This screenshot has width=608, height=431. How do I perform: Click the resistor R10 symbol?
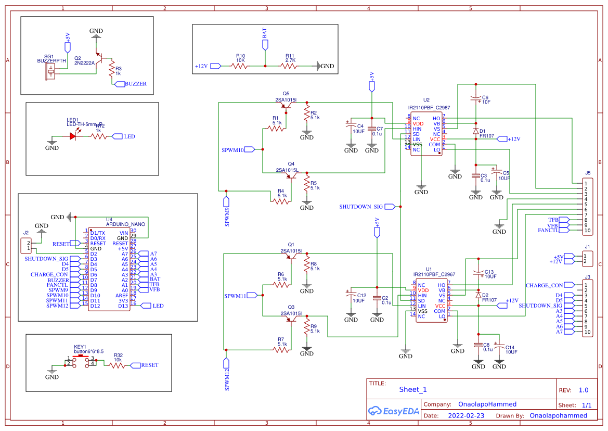pyautogui.click(x=240, y=66)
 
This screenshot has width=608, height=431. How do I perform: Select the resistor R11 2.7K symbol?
pyautogui.click(x=290, y=66)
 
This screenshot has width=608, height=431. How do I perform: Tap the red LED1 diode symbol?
pyautogui.click(x=73, y=136)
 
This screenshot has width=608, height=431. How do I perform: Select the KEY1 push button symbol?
pyautogui.click(x=81, y=361)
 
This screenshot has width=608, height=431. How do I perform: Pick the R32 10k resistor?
pyautogui.click(x=118, y=365)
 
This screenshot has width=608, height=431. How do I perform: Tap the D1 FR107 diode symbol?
pyautogui.click(x=475, y=131)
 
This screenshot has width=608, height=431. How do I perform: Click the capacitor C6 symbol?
pyautogui.click(x=475, y=98)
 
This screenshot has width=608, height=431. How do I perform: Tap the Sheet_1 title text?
pyautogui.click(x=413, y=389)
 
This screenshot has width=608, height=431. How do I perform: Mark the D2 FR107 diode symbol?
pyautogui.click(x=478, y=295)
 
